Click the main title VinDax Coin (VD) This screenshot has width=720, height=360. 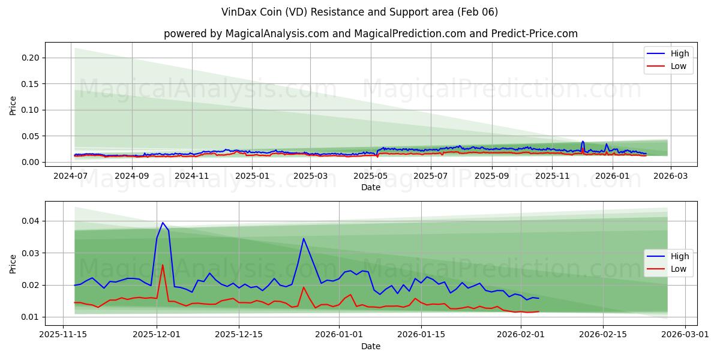coord(359,12)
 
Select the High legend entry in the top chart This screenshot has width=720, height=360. coord(679,53)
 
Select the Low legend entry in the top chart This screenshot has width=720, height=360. coord(679,66)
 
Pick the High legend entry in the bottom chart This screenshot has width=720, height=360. coord(679,256)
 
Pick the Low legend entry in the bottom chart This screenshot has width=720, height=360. coord(679,269)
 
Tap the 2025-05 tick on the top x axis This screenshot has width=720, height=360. coord(371,176)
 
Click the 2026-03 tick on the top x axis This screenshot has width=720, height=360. coord(670,176)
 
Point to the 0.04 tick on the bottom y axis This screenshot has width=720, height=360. coord(31,221)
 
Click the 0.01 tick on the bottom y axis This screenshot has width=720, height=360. coord(31,317)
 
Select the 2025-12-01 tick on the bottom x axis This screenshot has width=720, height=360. coord(157,334)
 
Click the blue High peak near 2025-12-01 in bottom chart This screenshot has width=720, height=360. coord(163,223)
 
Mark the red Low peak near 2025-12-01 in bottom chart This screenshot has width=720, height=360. coord(163,265)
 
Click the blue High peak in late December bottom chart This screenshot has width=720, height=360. coord(304,238)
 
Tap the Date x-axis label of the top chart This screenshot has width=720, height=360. coord(370,187)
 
